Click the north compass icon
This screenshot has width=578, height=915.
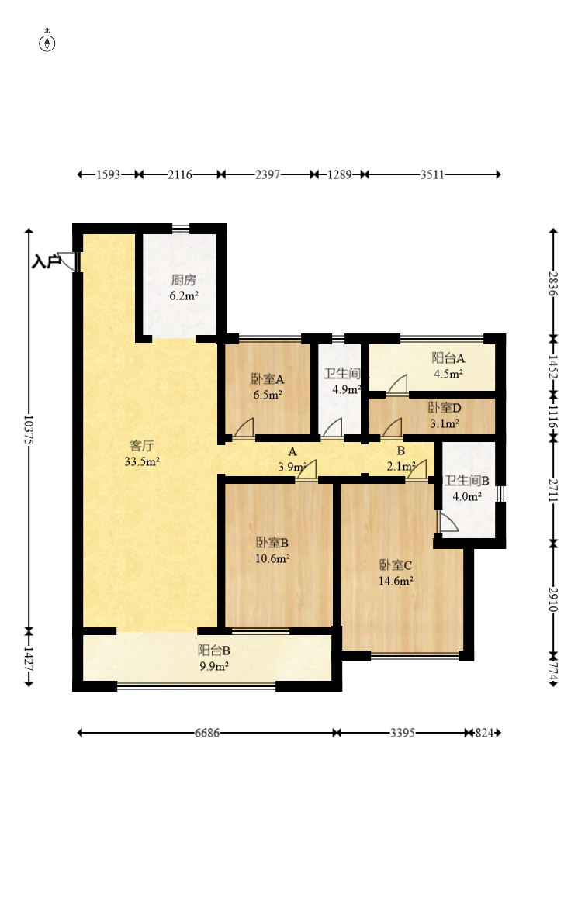pos(47,43)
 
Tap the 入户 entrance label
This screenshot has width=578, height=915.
pos(46,261)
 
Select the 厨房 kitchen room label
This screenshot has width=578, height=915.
pos(183,280)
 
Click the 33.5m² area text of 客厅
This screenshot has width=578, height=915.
pos(142,461)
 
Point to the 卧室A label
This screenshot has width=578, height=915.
pos(268,379)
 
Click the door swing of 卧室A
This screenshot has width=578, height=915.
pos(244,428)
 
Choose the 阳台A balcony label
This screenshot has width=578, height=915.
pos(448,358)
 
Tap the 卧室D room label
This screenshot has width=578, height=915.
pos(445,407)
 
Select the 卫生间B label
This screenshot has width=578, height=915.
pos(467,480)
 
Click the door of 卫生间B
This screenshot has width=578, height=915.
pos(448,523)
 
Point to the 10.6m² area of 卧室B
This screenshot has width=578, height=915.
pos(272,558)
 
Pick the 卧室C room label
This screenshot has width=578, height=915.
pos(395,565)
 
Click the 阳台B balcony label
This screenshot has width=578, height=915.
pos(213,650)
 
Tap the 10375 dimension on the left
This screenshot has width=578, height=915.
pos(29,430)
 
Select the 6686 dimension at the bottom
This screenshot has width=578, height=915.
pos(207,733)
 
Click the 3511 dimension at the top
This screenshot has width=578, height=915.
pos(432,174)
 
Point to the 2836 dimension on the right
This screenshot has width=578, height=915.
pos(553,284)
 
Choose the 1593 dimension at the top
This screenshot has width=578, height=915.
pos(108,174)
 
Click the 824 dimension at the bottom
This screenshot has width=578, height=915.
pos(484,733)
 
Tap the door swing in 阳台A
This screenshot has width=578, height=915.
pos(397,385)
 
